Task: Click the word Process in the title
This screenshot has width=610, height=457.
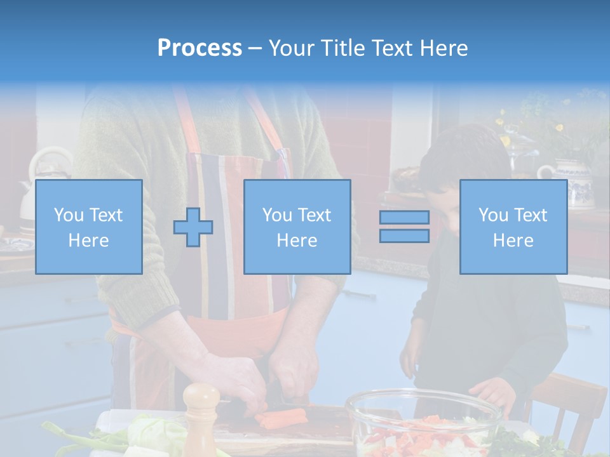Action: click(200, 48)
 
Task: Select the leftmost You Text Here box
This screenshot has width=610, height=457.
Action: click(89, 227)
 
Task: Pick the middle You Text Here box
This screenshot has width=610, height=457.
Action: click(297, 227)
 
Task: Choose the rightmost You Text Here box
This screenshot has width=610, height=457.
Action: click(513, 227)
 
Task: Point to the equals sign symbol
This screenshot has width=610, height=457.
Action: click(404, 227)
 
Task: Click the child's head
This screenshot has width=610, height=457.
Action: click(464, 165)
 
